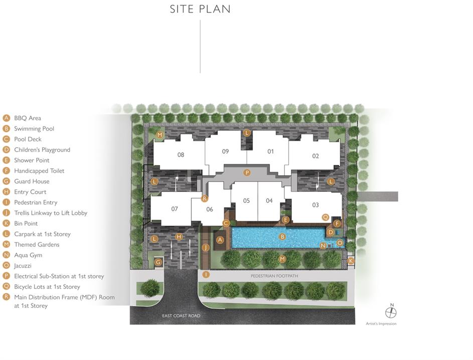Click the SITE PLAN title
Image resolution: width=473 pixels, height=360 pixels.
[200, 9]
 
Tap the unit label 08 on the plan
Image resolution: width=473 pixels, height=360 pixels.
[181, 155]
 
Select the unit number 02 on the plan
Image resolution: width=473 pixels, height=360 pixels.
[316, 156]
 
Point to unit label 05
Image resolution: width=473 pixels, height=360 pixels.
[246, 200]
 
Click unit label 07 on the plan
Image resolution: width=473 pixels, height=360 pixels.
[175, 209]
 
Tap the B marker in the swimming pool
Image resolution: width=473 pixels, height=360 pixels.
[282, 236]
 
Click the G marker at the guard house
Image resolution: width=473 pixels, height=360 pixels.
[159, 262]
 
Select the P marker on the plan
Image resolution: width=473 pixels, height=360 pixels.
[247, 172]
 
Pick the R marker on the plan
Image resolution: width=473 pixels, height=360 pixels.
[205, 198]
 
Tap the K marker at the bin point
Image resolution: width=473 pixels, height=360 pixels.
[351, 261]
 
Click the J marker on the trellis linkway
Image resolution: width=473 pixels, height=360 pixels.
[206, 248]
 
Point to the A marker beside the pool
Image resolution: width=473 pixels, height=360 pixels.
[220, 240]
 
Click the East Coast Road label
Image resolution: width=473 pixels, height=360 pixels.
[181, 316]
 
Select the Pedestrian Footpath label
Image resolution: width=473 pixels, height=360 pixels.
[274, 276]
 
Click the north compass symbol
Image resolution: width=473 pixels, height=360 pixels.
[391, 312]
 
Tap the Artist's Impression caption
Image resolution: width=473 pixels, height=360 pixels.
[381, 323]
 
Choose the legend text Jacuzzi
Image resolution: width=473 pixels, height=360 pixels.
[23, 266]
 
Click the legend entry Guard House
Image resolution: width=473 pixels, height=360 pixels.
[32, 181]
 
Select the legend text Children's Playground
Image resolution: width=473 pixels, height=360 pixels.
[42, 150]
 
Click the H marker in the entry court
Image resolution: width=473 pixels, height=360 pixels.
[179, 236]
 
